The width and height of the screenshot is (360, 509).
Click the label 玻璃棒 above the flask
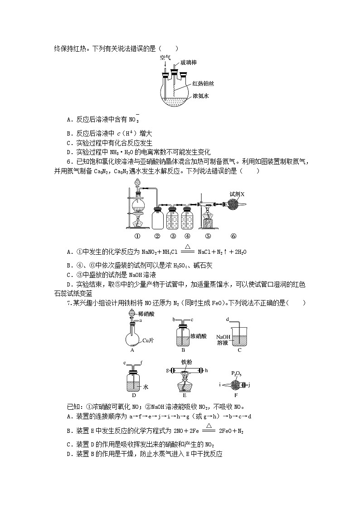[189, 62]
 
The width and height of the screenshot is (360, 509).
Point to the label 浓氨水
[200, 96]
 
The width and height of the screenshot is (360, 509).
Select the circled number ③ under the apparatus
[173, 236]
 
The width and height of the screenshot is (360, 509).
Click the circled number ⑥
[233, 236]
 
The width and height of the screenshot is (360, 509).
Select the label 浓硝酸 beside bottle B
[199, 336]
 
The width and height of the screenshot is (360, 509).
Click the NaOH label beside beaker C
[223, 337]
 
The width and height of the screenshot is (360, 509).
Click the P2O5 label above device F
[236, 373]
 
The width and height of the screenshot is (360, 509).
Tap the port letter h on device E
[206, 370]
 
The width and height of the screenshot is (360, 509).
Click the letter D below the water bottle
[133, 395]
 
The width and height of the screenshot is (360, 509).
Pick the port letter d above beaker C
[227, 320]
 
